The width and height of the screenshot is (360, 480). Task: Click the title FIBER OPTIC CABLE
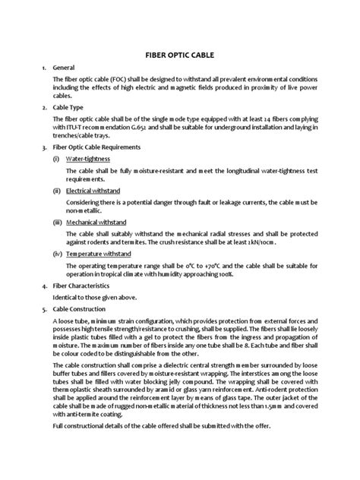[x=180, y=55]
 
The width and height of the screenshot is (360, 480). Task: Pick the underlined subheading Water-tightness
[x=87, y=160]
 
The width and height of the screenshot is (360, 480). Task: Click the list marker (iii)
[x=57, y=223]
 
